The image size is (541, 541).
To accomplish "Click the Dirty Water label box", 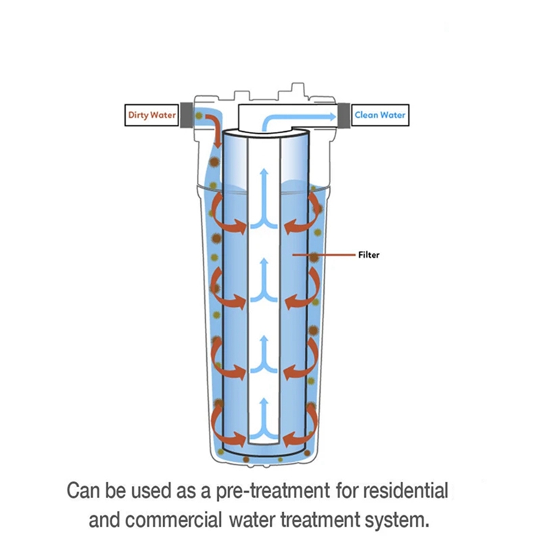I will click(152, 115).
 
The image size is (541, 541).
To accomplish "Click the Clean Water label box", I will click(381, 115).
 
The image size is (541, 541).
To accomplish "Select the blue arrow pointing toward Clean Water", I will click(298, 118).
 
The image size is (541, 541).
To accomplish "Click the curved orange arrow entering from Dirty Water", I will click(215, 128).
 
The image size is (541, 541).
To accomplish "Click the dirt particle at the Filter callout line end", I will click(314, 255).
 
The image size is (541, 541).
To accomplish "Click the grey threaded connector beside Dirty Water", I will click(184, 115).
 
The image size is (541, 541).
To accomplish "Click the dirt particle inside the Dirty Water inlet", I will click(199, 116).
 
